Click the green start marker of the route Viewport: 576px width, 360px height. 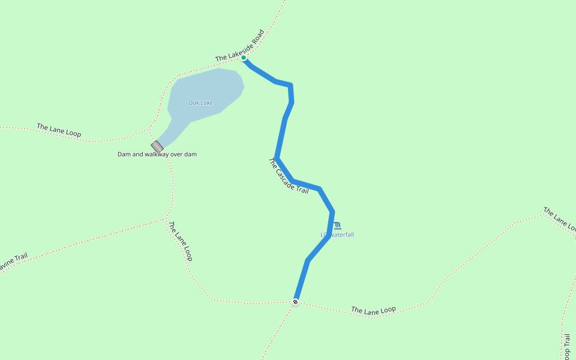pyautogui.click(x=244, y=58)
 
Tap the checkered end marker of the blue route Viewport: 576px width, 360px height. pyautogui.click(x=295, y=301)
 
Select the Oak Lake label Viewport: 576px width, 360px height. pyautogui.click(x=200, y=103)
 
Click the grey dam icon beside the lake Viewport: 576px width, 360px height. pyautogui.click(x=157, y=146)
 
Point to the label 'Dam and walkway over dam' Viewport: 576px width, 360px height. pyautogui.click(x=157, y=154)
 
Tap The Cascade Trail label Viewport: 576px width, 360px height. pyautogui.click(x=288, y=176)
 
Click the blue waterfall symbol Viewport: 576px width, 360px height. pyautogui.click(x=337, y=226)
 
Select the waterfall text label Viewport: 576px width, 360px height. pyautogui.click(x=337, y=235)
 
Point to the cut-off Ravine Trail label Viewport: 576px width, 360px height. pyautogui.click(x=13, y=261)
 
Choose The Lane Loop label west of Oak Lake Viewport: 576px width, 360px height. pyautogui.click(x=59, y=130)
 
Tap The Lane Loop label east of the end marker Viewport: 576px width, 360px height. pyautogui.click(x=373, y=310)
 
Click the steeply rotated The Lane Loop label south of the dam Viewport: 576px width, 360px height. pyautogui.click(x=180, y=241)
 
